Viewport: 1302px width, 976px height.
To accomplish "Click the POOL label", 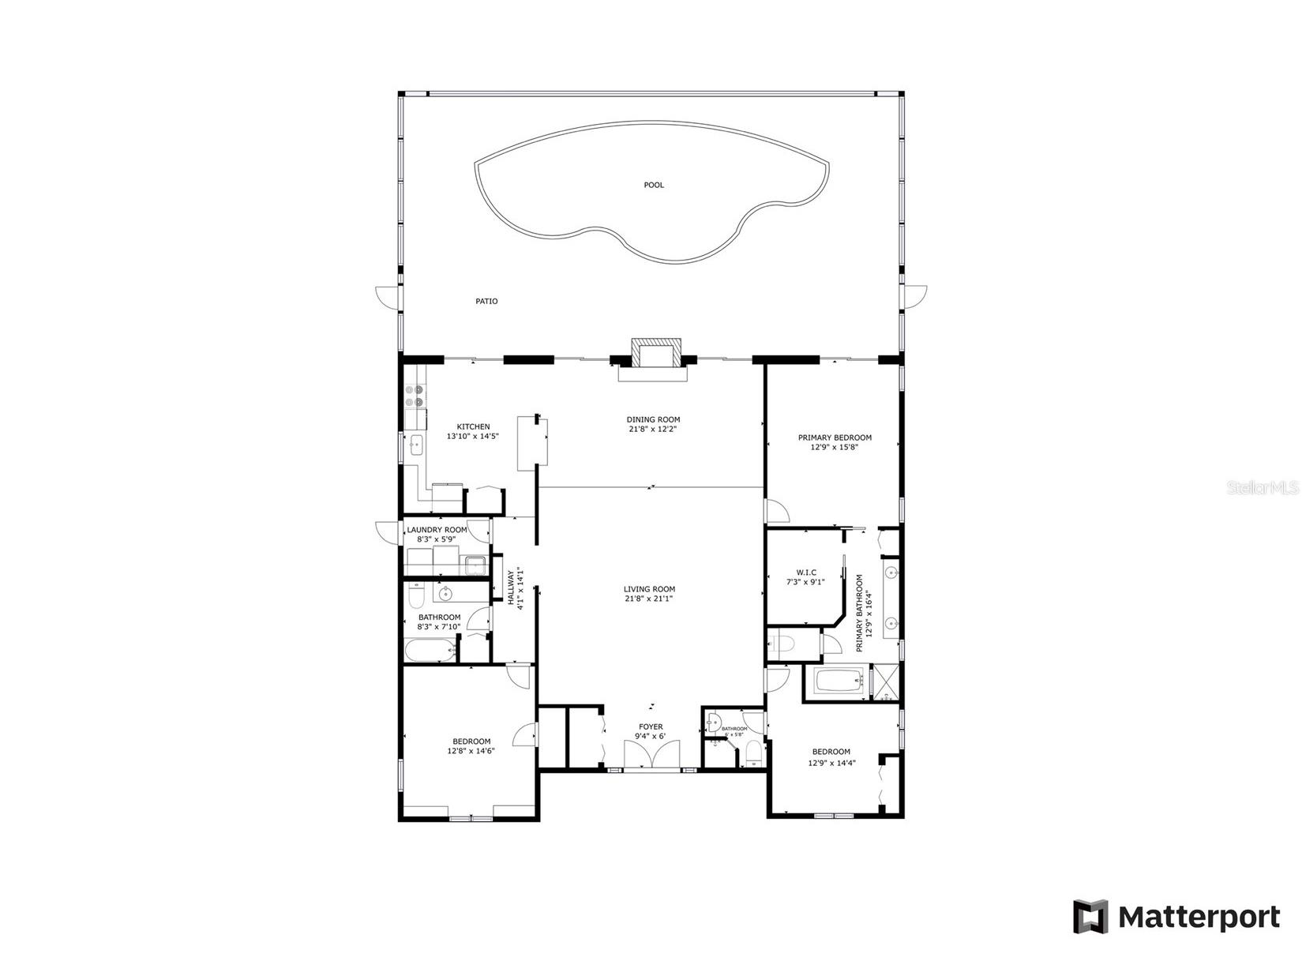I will (654, 185).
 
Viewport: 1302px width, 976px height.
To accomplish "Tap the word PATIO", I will (486, 301).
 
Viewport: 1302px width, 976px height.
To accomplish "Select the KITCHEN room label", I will (473, 426).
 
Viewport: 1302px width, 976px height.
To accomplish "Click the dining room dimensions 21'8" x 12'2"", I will (653, 430).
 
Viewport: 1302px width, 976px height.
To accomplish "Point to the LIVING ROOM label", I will (649, 589).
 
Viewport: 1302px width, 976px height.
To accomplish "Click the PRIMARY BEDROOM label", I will (835, 437).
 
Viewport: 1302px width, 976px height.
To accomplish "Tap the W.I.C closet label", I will (806, 572).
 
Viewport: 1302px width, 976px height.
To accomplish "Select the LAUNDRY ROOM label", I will (437, 530).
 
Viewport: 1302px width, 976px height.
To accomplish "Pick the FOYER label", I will (651, 726).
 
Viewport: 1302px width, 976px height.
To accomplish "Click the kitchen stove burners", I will (415, 396).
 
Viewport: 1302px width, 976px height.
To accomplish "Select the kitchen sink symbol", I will (416, 447).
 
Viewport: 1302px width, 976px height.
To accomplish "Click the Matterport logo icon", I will (1090, 917).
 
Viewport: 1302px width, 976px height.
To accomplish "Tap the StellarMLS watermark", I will (1262, 488).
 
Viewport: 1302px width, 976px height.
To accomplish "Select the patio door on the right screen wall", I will (914, 296).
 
